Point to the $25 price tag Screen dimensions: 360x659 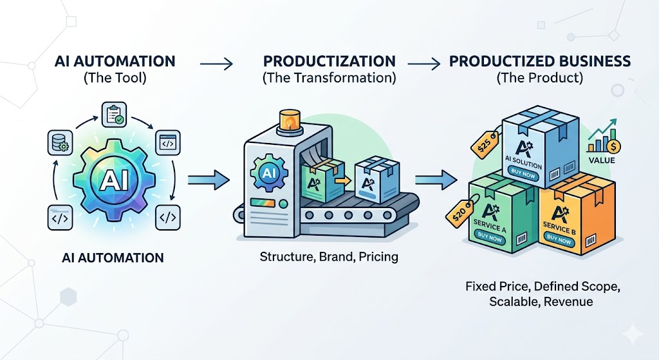(486, 143)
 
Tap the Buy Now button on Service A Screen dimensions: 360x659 (490, 238)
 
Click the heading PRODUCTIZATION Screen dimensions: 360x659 (329, 62)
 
